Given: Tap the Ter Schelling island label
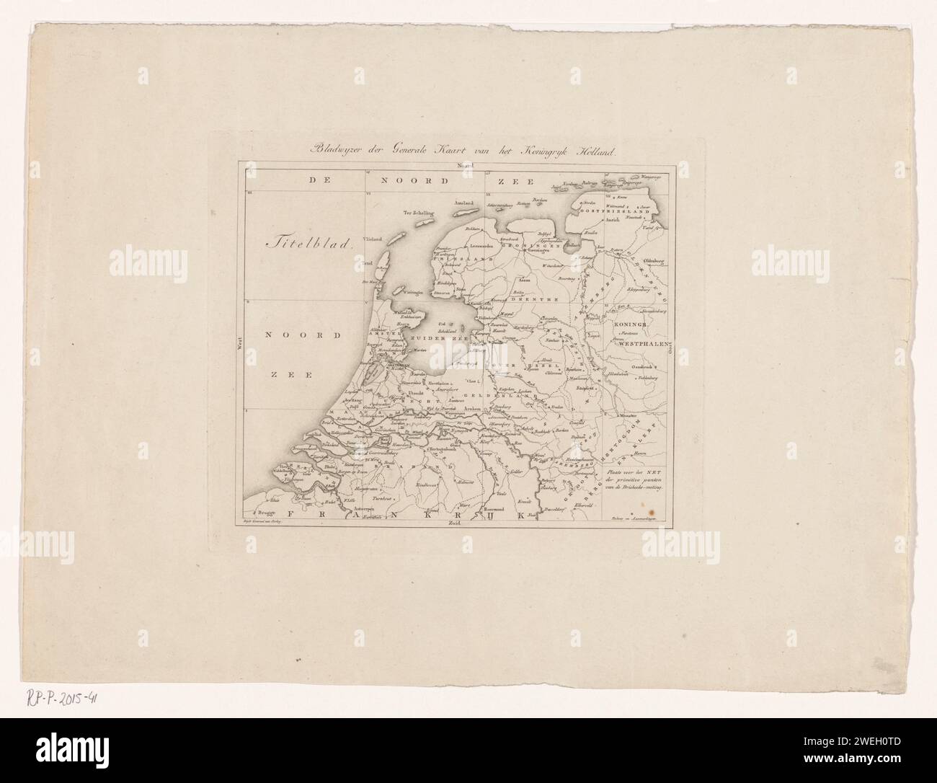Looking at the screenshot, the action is [420, 212].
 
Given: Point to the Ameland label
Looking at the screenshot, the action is [463, 204].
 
